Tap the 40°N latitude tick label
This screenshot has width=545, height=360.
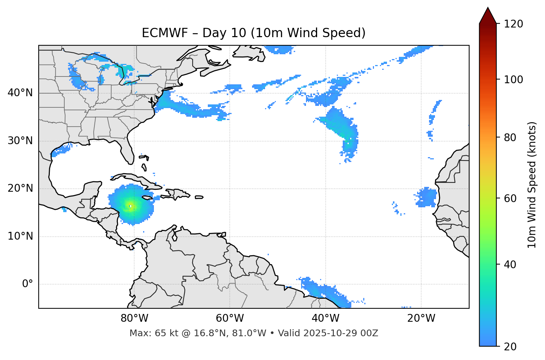click(20, 93)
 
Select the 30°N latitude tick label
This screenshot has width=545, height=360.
click(20, 141)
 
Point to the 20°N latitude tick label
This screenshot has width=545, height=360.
click(20, 188)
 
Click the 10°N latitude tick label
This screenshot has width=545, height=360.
click(20, 236)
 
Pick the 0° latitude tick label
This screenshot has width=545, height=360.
click(28, 284)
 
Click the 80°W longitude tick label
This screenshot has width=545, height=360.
click(134, 318)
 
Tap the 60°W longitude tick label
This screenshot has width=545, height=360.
click(230, 318)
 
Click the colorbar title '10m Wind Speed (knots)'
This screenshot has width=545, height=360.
click(532, 185)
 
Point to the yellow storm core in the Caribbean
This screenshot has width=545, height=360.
click(130, 206)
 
